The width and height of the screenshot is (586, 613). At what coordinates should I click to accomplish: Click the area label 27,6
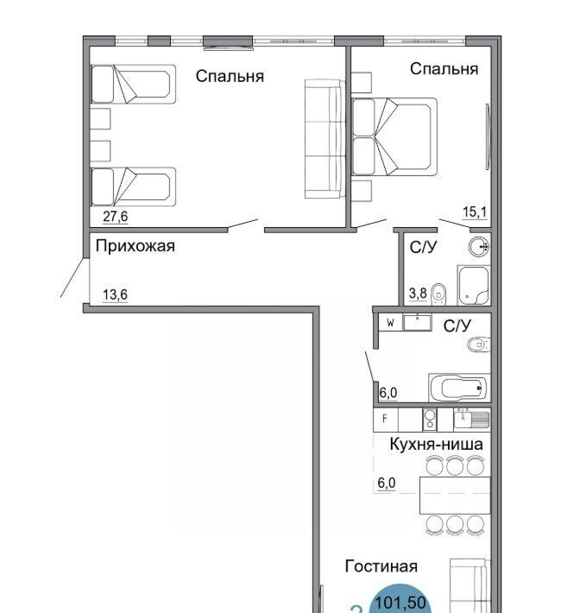116,216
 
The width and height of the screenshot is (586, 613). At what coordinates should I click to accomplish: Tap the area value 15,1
475,212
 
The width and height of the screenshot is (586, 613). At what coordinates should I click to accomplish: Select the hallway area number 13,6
116,294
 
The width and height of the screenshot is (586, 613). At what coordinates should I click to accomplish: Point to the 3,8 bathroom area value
418,293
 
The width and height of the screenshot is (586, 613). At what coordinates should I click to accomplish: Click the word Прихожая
135,246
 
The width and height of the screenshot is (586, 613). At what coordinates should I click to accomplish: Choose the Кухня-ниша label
437,444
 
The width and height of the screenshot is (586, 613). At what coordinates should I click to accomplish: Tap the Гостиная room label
381,566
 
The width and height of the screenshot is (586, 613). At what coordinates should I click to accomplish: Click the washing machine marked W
391,323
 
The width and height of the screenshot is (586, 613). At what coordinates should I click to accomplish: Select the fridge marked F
386,420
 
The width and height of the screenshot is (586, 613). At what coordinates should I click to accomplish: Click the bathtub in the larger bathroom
459,388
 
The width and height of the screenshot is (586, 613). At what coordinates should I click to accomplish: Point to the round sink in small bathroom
479,247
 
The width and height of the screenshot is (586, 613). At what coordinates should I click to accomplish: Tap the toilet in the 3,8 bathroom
438,294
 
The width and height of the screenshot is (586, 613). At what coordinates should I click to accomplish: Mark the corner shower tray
474,286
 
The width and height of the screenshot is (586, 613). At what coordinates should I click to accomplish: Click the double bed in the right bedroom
394,136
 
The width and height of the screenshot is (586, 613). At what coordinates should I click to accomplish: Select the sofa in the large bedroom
325,139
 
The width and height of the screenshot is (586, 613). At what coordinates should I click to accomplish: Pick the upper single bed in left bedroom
133,84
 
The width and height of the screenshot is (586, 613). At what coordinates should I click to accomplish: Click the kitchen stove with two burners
429,420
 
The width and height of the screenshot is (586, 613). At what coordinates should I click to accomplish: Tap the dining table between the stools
455,496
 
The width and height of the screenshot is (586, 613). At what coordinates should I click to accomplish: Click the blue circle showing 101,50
400,598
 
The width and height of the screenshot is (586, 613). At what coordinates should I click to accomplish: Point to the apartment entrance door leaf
72,277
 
